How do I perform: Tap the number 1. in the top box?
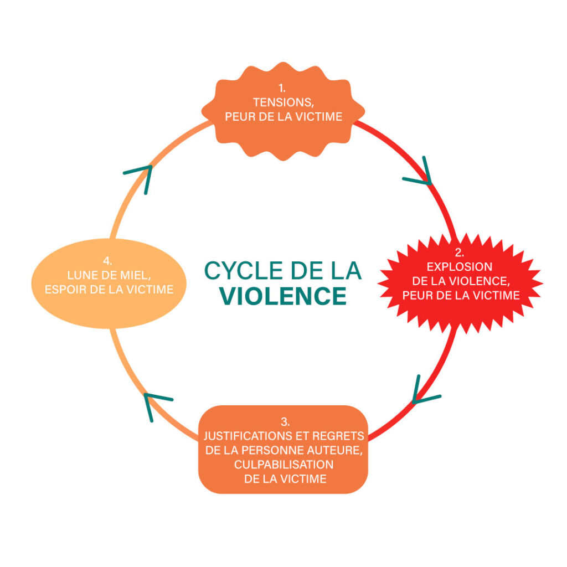pos(283,88)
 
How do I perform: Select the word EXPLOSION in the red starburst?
pos(459,267)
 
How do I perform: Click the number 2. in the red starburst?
pos(460,252)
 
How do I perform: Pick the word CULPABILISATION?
pos(283,464)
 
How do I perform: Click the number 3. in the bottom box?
pos(283,422)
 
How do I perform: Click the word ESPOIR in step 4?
pos(64,289)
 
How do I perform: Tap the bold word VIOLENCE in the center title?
pos(283,296)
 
